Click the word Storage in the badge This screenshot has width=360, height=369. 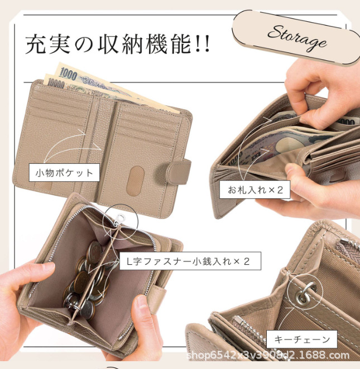tap(297, 38)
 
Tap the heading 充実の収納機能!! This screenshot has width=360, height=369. tap(117, 44)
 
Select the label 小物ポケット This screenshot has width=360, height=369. tap(64, 173)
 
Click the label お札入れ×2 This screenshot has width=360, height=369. tap(255, 190)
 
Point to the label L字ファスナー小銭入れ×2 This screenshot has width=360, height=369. tap(190, 261)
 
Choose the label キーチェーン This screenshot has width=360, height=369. tap(302, 339)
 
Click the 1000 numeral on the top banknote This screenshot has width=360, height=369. tap(68, 74)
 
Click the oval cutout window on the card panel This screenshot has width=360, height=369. tap(135, 181)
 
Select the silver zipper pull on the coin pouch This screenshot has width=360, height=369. tap(119, 219)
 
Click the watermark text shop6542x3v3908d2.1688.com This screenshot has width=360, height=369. tap(268, 355)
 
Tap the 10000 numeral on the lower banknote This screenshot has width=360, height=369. tap(56, 83)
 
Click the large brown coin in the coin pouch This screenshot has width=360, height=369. tap(81, 282)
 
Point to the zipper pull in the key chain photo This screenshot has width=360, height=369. tap(238, 319)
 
